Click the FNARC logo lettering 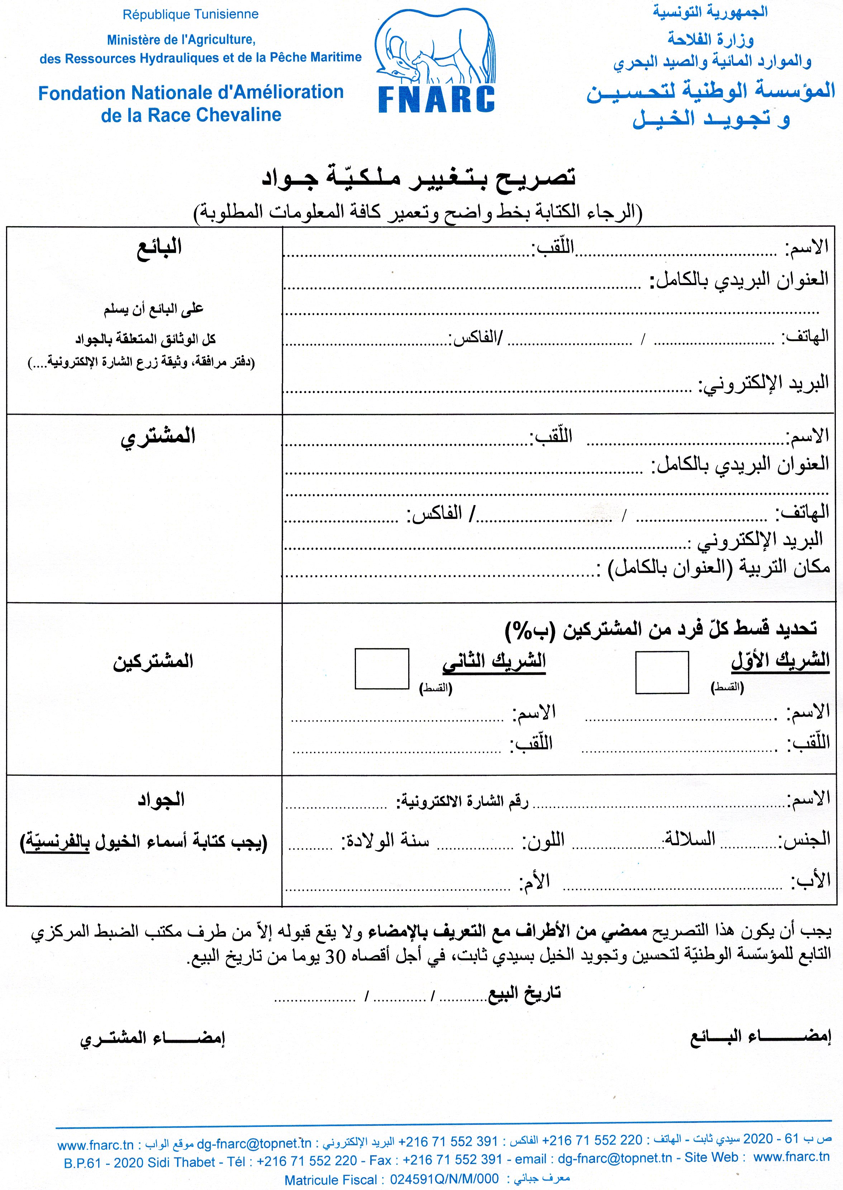tap(437, 99)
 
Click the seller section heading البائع tap(159, 247)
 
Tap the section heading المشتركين tap(153, 661)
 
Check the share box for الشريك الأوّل tap(662, 672)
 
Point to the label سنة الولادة tap(385, 840)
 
